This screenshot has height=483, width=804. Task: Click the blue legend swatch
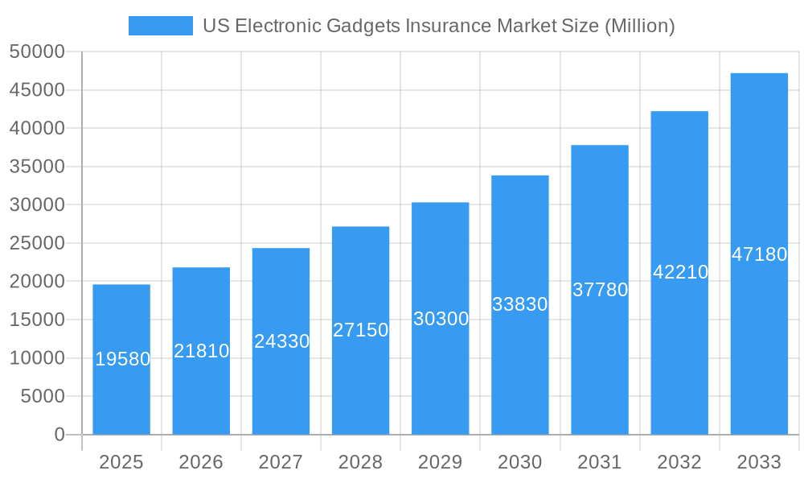tap(161, 26)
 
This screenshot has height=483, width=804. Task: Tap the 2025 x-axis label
tap(121, 462)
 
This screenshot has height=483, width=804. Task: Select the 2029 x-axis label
tap(440, 462)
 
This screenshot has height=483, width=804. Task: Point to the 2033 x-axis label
tap(759, 462)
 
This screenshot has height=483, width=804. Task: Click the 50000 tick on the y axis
tap(37, 52)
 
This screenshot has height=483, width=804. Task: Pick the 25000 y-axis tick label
tap(37, 243)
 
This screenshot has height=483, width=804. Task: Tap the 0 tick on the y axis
tap(59, 435)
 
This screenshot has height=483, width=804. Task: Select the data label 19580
tap(122, 359)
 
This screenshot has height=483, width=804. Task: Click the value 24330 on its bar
tap(281, 341)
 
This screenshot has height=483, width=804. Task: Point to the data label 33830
tap(520, 304)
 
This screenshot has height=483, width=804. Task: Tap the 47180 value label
tap(759, 254)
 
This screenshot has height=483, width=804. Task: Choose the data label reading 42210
tap(680, 272)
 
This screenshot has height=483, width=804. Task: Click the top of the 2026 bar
tap(201, 268)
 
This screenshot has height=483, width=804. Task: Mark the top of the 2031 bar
tap(600, 146)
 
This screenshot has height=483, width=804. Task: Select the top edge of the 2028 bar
tap(360, 227)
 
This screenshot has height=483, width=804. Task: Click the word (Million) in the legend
tap(639, 26)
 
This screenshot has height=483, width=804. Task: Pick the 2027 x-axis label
tap(281, 462)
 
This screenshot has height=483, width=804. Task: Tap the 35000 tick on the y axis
tap(37, 167)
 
